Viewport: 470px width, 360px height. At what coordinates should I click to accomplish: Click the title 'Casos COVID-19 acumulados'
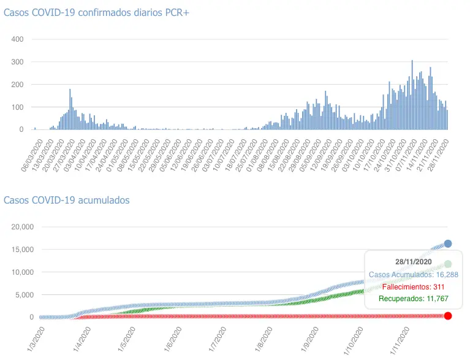[67, 200]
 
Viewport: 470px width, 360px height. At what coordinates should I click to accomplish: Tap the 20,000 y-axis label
[23, 227]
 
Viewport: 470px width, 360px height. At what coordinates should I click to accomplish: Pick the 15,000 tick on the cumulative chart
[23, 250]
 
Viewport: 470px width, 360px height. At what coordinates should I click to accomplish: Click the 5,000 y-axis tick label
[25, 295]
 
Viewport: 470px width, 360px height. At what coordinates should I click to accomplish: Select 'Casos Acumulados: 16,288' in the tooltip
[413, 274]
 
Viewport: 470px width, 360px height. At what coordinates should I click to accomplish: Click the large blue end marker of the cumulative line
[448, 243]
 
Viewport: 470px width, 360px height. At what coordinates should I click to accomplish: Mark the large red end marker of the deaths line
[448, 316]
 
